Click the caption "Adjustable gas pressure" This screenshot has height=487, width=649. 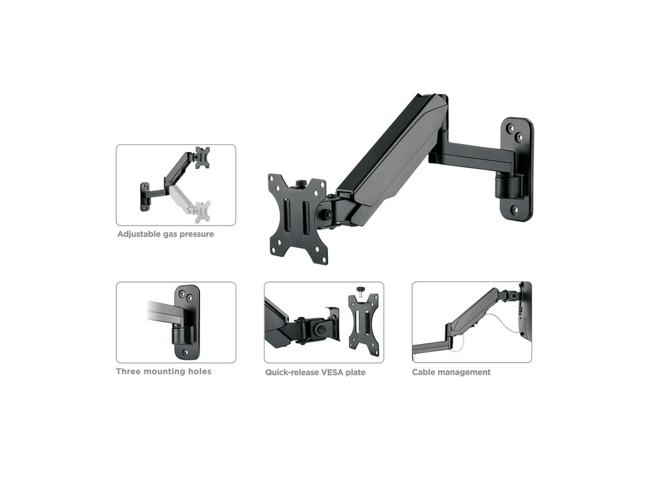[165, 234]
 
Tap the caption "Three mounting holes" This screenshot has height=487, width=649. [163, 371]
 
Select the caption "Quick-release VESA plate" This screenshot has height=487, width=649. [315, 372]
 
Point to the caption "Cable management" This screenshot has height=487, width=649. [451, 372]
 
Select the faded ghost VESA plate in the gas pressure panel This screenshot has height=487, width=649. [203, 212]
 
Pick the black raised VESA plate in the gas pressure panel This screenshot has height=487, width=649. [202, 157]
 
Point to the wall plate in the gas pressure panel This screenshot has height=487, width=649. [144, 196]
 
